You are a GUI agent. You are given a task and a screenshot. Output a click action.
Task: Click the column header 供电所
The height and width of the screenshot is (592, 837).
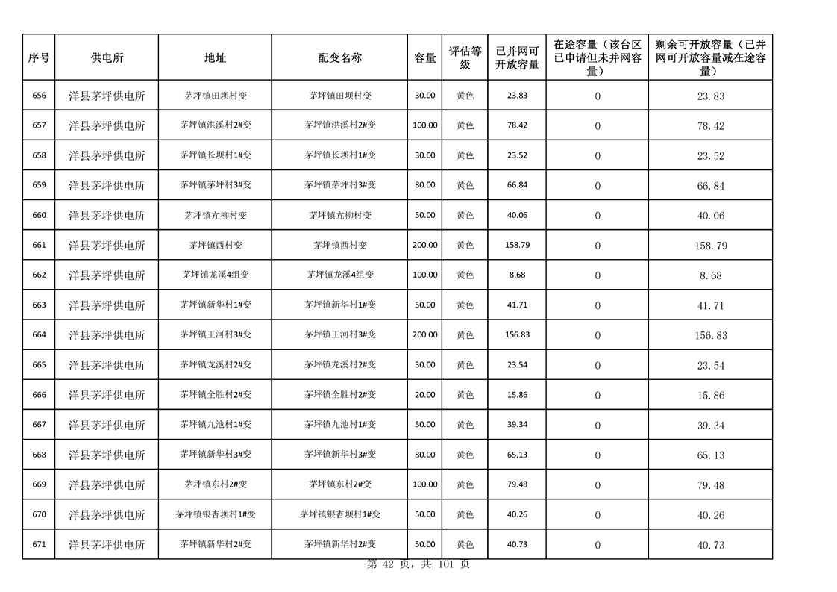point(107,57)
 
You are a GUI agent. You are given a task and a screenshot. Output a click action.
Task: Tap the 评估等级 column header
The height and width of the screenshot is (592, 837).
point(465,57)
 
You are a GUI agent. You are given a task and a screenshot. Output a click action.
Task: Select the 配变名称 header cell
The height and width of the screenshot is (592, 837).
point(339,57)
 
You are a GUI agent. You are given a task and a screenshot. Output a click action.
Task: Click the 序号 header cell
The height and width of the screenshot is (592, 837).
point(39,57)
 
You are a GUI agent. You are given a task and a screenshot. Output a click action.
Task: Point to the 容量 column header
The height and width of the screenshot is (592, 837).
point(425,57)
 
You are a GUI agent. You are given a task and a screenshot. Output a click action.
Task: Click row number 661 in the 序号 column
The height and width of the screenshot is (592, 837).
point(39,245)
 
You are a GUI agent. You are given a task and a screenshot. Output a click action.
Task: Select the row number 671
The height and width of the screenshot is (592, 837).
point(39,544)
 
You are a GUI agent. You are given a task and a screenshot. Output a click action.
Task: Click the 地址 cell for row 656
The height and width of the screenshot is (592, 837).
point(215,96)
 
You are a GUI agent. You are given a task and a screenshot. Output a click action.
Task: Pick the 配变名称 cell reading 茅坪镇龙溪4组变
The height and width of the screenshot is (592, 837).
point(339,275)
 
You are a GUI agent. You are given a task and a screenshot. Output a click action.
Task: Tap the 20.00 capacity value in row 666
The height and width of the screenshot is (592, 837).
point(425,394)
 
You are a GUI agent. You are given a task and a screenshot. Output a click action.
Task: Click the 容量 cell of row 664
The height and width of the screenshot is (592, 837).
point(425,334)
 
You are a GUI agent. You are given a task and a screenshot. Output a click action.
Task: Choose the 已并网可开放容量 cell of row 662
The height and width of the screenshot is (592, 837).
point(517,275)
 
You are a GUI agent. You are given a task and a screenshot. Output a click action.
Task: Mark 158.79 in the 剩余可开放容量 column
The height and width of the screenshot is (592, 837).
point(710,246)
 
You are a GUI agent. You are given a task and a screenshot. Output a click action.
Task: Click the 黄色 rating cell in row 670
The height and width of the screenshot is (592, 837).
point(465,514)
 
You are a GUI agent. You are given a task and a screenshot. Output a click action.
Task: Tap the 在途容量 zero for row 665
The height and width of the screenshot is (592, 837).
point(597,365)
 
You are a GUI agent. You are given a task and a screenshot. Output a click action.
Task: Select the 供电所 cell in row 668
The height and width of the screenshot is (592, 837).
point(107,455)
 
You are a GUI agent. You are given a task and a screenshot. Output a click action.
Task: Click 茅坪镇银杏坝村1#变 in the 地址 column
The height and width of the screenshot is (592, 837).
point(215,514)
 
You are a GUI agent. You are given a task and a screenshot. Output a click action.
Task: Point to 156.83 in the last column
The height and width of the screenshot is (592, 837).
point(710,335)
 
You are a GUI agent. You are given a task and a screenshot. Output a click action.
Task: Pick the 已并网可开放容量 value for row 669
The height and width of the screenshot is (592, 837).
point(517,484)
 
